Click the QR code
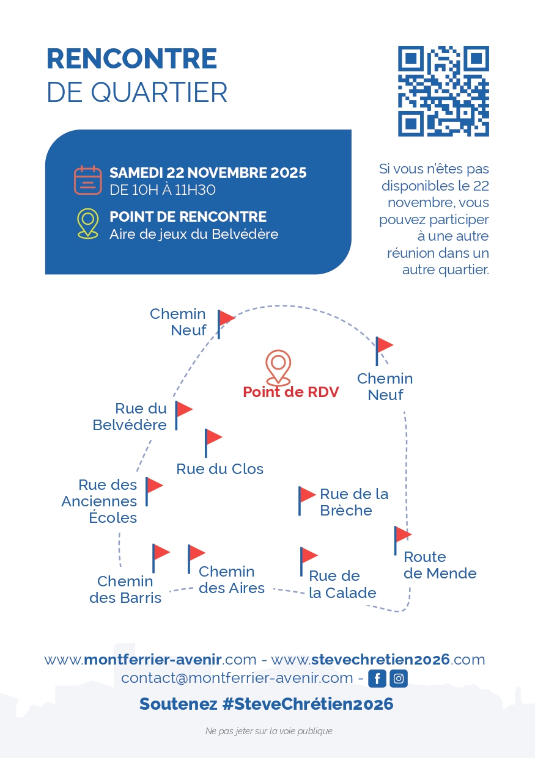(443, 91)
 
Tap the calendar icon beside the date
(87, 180)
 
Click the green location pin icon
(88, 224)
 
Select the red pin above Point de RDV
(278, 368)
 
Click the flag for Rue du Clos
(212, 442)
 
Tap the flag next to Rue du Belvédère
(182, 414)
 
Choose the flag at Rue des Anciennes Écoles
(153, 490)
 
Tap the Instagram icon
(399, 679)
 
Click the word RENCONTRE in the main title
(131, 59)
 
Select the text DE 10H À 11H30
(163, 190)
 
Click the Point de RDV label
(290, 392)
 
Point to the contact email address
(237, 678)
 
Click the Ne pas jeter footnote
(268, 731)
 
